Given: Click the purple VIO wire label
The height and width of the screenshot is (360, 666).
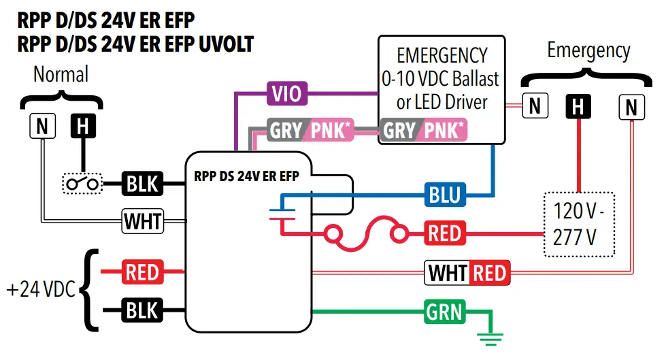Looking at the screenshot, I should (286, 94).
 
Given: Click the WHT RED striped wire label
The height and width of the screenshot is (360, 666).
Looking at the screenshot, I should (467, 273).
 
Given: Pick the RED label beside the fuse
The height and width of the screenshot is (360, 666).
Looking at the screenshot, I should (445, 233).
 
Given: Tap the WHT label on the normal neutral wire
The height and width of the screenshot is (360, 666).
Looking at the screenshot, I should (142, 220).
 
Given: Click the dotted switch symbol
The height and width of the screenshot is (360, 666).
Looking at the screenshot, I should (82, 184).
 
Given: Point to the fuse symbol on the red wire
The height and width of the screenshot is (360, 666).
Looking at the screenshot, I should (368, 234).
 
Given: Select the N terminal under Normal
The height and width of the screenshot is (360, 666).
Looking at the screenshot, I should (42, 125).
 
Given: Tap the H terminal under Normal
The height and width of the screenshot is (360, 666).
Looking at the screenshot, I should (82, 125).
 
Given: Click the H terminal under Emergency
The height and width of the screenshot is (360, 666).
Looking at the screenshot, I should (578, 106).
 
